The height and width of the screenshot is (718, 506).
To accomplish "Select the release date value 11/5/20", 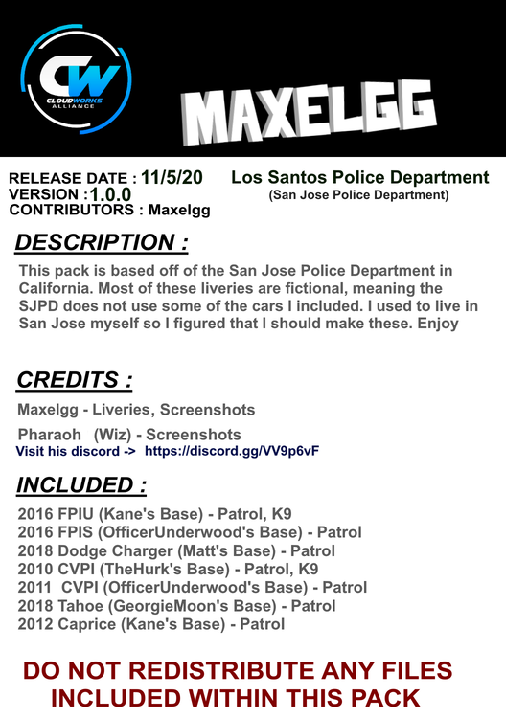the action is click(x=172, y=177).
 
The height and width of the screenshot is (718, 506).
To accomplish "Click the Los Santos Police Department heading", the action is click(x=359, y=178).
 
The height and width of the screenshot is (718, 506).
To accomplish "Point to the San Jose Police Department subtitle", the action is click(x=358, y=195).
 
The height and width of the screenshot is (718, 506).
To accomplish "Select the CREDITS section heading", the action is click(x=75, y=380).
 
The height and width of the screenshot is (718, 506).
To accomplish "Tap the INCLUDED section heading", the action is click(x=82, y=484).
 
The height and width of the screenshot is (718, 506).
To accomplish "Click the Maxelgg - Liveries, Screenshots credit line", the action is click(x=136, y=410).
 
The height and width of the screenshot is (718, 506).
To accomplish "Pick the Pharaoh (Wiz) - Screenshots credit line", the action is click(x=129, y=435).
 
